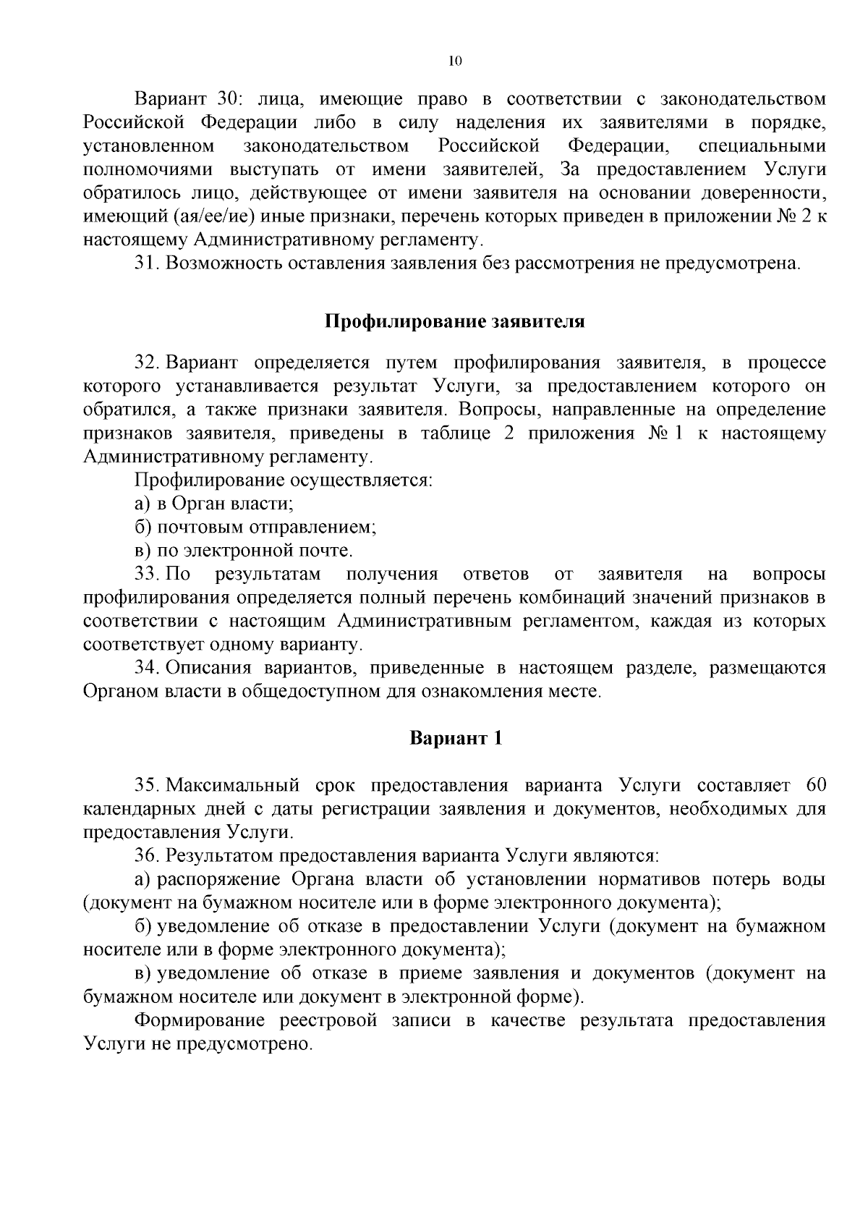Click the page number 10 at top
click(454, 62)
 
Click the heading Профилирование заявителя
click(454, 321)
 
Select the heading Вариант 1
click(456, 739)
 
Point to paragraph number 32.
click(146, 362)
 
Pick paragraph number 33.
click(146, 575)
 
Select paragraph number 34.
click(146, 668)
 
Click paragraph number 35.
click(146, 786)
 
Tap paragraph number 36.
click(146, 856)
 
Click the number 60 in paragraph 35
click(814, 786)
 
